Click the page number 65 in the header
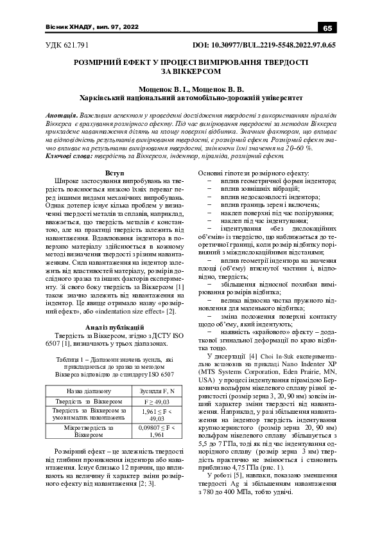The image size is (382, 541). click(327, 28)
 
